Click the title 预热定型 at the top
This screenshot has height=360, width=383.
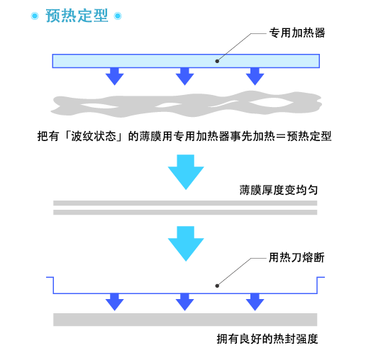click(77, 16)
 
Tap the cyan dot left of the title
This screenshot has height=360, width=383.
click(35, 16)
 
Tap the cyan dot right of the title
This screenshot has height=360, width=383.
click(118, 16)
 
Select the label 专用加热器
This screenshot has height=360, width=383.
click(297, 33)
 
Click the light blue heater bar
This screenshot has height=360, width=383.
click(186, 61)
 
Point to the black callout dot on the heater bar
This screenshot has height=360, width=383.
click(217, 61)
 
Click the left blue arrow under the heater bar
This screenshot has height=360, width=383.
click(115, 77)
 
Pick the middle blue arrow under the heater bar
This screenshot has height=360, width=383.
click(184, 77)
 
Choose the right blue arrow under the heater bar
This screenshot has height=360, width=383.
click(255, 77)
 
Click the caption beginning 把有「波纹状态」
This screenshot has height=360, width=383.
click(184, 136)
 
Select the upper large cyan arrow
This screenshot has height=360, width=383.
click(186, 171)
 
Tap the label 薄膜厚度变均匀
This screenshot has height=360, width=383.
click(279, 190)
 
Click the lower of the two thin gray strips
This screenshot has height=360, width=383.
click(185, 213)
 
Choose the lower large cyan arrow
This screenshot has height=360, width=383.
click(186, 244)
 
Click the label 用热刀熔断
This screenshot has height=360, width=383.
click(296, 258)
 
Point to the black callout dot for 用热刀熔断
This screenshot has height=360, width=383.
click(217, 286)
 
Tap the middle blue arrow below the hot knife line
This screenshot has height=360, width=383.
click(184, 302)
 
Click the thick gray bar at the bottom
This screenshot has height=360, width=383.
click(185, 320)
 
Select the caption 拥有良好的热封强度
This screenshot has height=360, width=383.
click(267, 339)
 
